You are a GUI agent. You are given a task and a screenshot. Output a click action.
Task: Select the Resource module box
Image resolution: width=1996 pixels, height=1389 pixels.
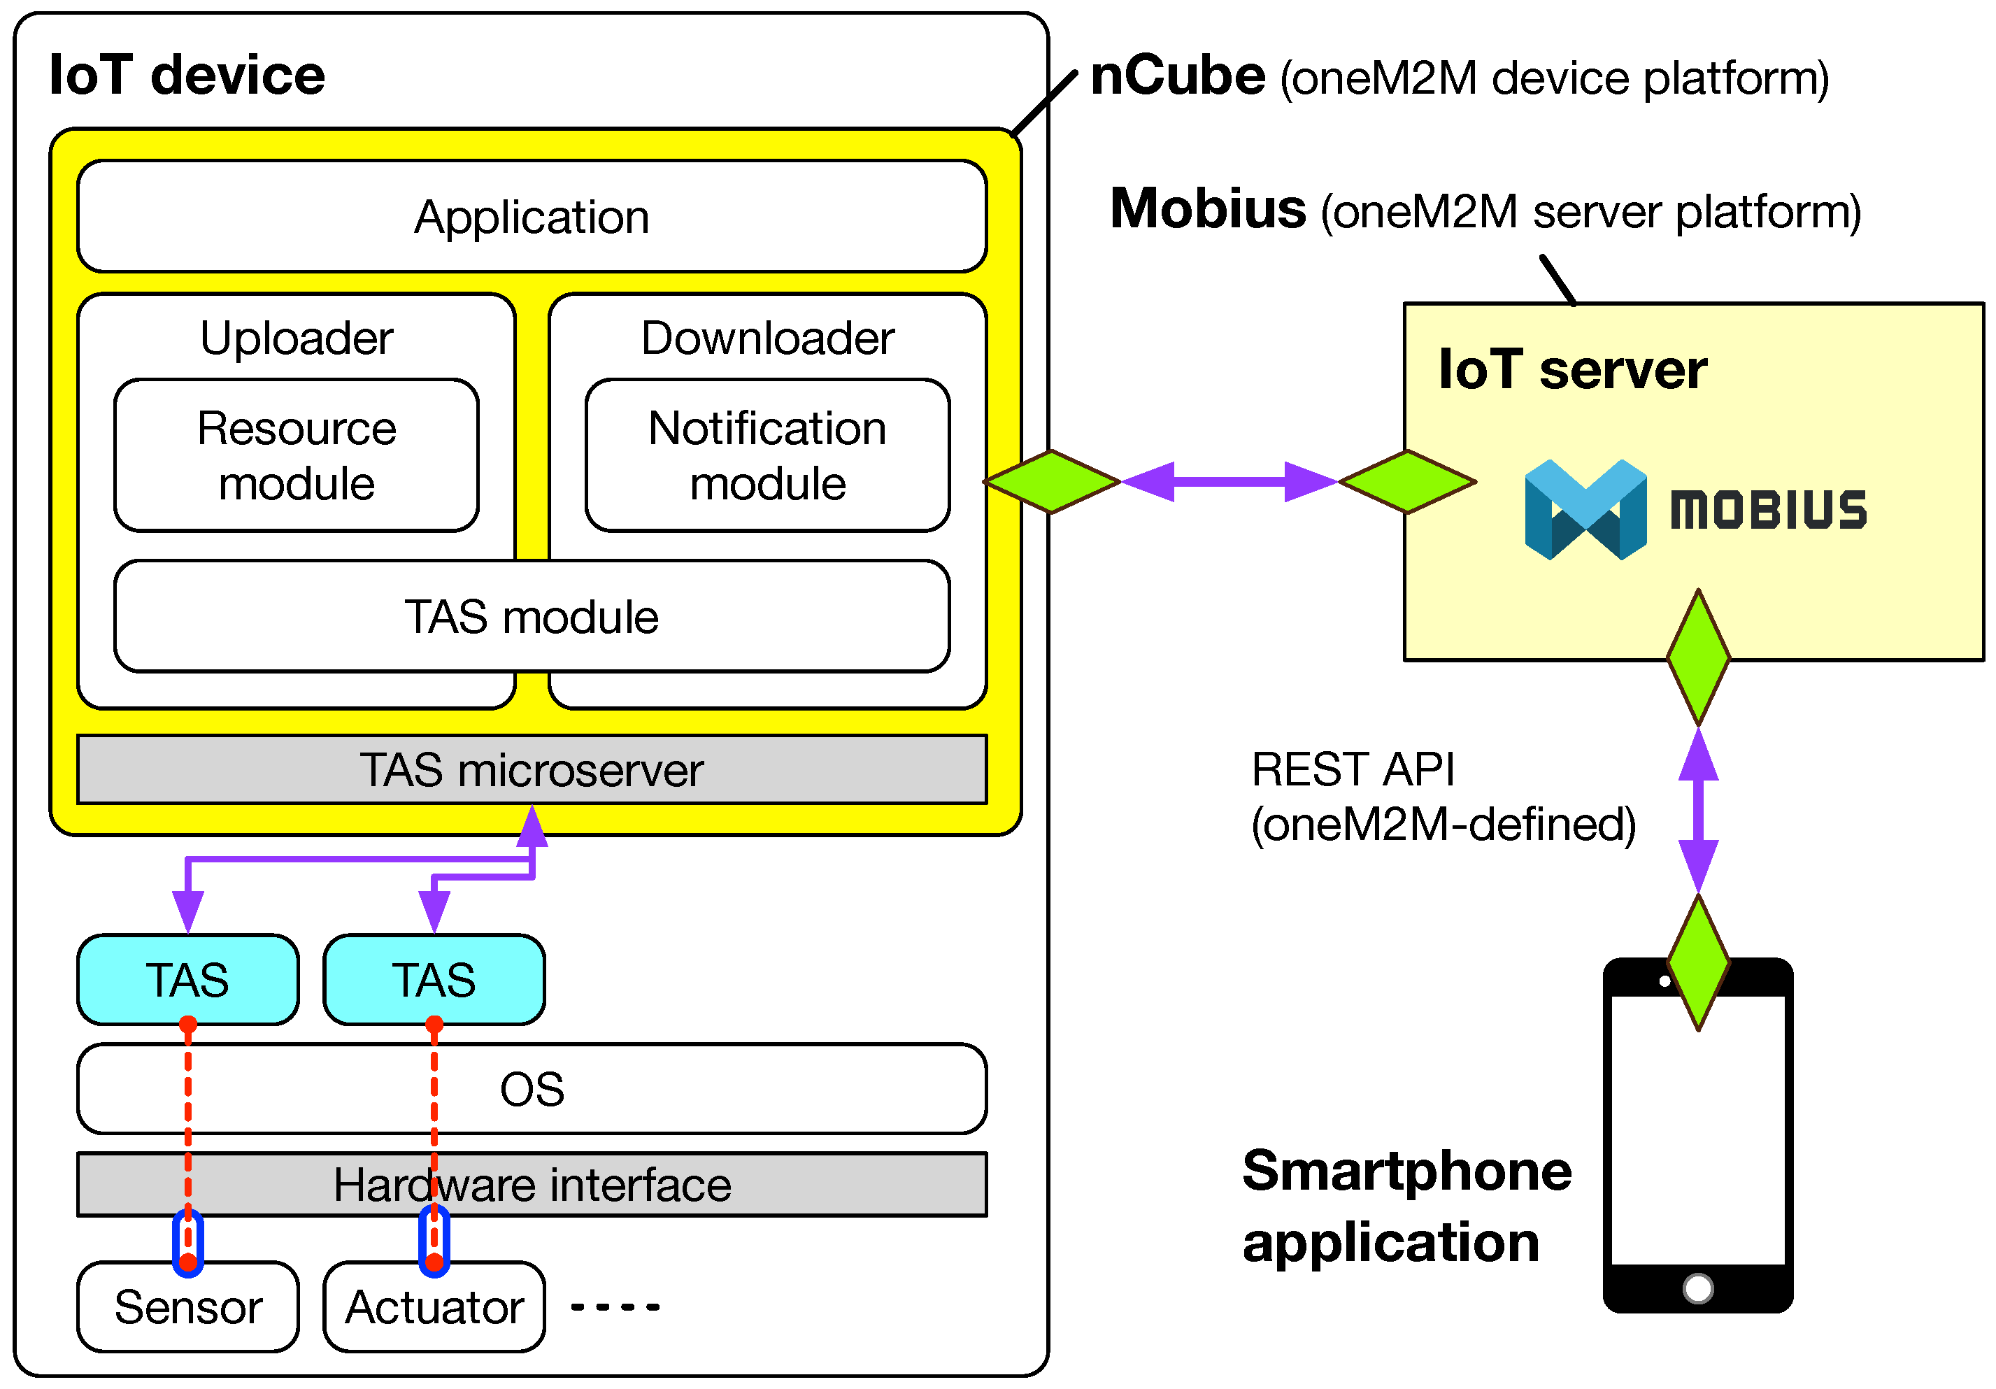pos(297,455)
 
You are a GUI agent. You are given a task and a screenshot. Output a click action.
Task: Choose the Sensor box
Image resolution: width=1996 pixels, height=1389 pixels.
pos(187,1306)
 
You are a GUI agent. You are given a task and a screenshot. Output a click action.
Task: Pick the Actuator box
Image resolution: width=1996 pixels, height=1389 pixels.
pos(434,1306)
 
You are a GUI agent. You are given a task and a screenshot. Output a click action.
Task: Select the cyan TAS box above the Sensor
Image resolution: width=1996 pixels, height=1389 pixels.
pos(187,980)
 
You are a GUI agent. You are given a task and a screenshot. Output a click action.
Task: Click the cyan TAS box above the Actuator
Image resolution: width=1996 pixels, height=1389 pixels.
pos(434,980)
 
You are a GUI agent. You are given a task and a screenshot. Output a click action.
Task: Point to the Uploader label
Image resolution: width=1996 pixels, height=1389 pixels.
pos(297,337)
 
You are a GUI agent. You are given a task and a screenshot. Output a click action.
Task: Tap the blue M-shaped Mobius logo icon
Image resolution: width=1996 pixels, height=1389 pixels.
pos(1585,509)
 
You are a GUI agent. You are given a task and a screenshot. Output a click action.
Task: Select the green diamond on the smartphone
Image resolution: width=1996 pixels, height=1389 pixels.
pos(1698,962)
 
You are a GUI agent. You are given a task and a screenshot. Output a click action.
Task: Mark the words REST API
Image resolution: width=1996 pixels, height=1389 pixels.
pos(1352,769)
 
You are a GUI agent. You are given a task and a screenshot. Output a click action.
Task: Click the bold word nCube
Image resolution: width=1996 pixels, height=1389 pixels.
pos(1177,76)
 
